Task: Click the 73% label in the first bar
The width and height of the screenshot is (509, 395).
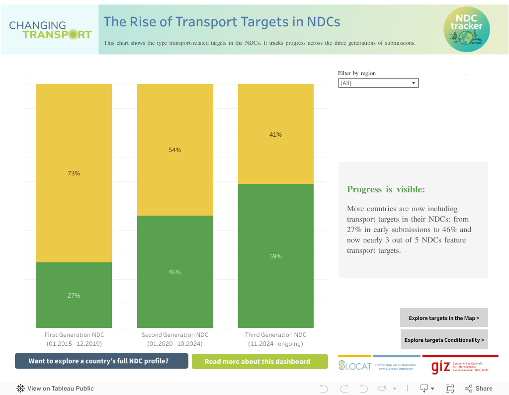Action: tap(74, 173)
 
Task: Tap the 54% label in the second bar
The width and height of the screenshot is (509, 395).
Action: tap(174, 150)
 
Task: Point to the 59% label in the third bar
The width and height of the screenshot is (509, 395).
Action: tap(275, 256)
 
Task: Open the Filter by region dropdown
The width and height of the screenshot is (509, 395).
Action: tap(378, 83)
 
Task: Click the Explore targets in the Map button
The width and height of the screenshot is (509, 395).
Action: tap(444, 318)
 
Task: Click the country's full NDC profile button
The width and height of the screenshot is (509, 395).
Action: tap(101, 361)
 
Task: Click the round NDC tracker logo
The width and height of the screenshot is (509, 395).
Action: tap(466, 29)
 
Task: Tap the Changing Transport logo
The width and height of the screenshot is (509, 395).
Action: tap(50, 30)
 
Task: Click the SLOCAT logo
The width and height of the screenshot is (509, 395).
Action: tap(355, 366)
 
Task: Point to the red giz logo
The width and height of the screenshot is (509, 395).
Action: tap(440, 367)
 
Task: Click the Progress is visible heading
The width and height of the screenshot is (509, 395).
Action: tap(386, 189)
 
